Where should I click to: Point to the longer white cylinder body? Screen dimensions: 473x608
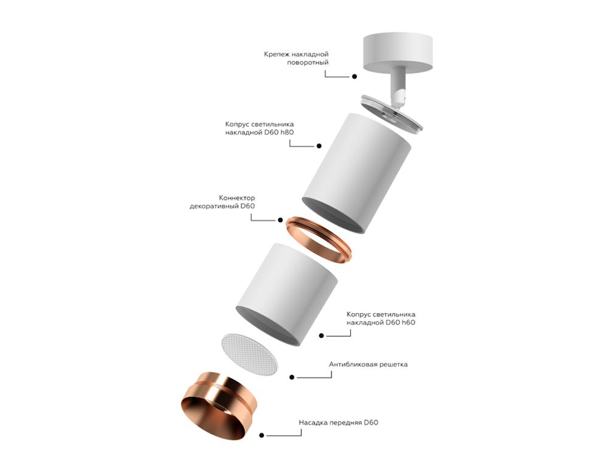coord(358,171)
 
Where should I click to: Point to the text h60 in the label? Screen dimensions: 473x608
coord(407,323)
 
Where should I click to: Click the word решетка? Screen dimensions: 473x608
coord(393,365)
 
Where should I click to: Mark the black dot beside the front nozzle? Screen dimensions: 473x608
coord(262,435)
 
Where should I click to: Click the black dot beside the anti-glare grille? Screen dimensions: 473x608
coord(292,378)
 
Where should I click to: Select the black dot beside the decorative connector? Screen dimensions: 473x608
coord(280,220)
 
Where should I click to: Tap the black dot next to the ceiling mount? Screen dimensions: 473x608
coord(354,77)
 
